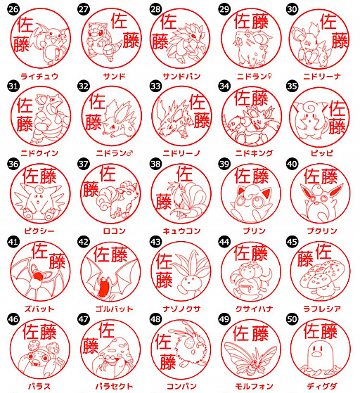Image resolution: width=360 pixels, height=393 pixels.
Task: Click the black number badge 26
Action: [13, 9]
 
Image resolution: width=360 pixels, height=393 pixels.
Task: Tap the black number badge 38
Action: [155, 164]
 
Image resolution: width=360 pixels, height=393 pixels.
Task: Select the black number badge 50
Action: [292, 318]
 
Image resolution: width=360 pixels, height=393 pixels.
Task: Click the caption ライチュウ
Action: [39, 76]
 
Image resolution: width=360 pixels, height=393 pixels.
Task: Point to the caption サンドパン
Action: [181, 76]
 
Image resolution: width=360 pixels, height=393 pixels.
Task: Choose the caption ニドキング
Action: [254, 153]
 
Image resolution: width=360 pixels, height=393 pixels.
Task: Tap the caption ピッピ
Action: [322, 153]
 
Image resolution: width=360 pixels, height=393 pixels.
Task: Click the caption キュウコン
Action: [181, 231]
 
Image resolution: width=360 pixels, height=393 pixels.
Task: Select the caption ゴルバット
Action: [114, 309]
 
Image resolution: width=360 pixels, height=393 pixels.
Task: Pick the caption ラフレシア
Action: [322, 309]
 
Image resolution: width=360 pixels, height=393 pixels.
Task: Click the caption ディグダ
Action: [322, 386]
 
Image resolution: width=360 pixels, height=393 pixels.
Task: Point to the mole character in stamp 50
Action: [317, 354]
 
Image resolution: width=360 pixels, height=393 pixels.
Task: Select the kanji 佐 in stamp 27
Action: [120, 21]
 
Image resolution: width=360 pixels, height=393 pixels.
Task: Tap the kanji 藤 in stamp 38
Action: [164, 202]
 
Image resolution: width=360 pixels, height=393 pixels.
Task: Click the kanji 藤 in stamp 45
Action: [305, 259]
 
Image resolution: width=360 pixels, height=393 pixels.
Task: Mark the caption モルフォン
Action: [254, 386]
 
